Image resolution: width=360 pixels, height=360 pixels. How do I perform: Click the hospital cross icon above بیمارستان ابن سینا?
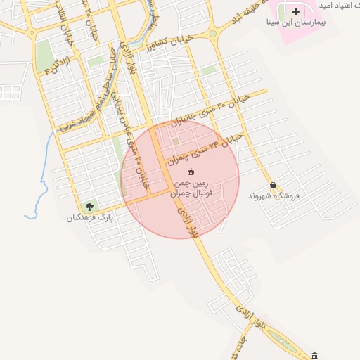pos(295,11)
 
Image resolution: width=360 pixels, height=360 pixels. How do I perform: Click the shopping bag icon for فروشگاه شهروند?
pos(273,185)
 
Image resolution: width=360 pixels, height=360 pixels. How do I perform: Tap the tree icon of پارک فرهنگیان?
pos(89,207)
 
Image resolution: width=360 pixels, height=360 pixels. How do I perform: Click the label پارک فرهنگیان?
pos(90,218)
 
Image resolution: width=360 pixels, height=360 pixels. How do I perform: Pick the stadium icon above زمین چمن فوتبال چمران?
pos(191,172)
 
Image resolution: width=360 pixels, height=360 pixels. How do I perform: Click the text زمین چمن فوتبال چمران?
pos(191,187)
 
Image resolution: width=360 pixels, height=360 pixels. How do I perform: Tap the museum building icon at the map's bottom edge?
pos(314,355)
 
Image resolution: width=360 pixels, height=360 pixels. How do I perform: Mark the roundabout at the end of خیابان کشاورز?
pos(212,34)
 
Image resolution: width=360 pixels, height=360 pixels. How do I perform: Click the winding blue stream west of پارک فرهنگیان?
pos(42,176)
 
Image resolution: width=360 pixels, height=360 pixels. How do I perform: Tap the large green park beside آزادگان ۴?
pos(44,53)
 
